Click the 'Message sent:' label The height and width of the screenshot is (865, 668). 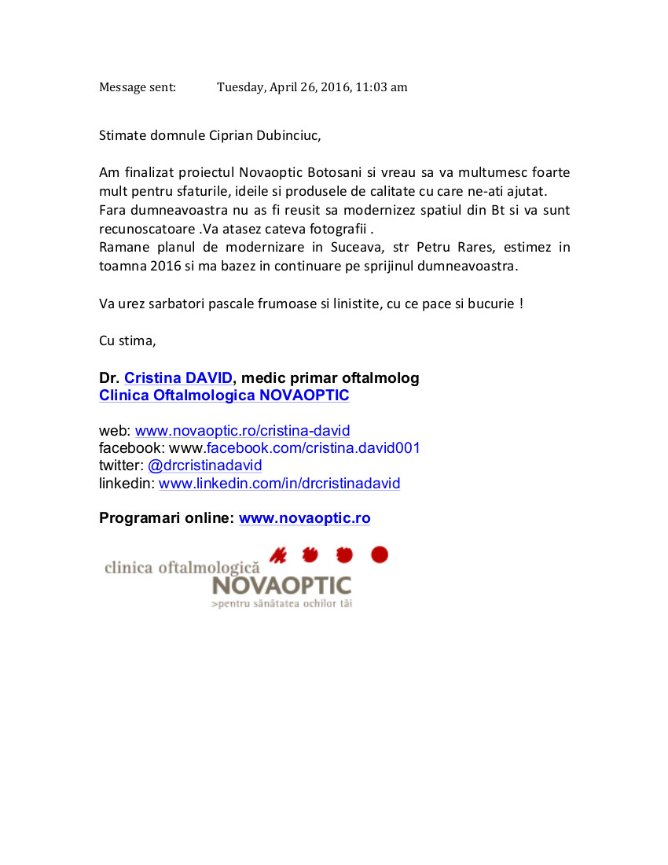click(x=138, y=87)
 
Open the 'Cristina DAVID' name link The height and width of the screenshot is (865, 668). click(x=178, y=378)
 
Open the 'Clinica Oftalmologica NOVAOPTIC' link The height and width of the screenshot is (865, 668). click(x=224, y=396)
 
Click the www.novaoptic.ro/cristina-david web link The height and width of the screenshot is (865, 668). click(x=243, y=431)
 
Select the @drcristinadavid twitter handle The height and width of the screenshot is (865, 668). click(x=205, y=466)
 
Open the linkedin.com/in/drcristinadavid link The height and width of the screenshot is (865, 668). click(x=279, y=484)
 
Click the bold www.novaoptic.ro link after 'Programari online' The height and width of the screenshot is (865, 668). click(x=304, y=518)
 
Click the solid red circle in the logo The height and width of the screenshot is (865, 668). click(x=380, y=555)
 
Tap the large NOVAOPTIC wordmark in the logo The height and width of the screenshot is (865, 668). click(x=281, y=586)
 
